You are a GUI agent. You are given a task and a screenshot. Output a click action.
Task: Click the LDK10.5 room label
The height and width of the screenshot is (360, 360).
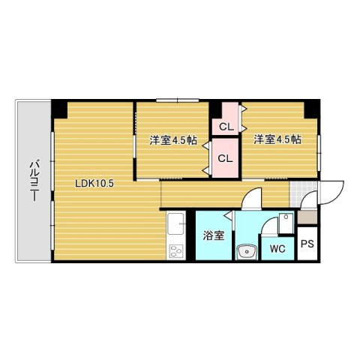point(94,184)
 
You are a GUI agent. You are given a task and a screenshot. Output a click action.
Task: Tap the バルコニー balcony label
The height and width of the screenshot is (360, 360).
point(34,181)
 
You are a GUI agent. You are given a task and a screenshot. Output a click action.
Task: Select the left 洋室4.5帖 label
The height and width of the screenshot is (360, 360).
point(173,140)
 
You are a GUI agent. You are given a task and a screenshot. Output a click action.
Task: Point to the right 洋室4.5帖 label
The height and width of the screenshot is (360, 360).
point(277,139)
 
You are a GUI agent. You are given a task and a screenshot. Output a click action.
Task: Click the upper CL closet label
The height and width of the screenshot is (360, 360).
point(226,127)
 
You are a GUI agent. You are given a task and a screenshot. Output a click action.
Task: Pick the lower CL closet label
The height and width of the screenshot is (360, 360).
point(225,158)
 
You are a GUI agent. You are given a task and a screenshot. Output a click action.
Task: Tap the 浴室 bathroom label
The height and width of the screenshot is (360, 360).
point(214,235)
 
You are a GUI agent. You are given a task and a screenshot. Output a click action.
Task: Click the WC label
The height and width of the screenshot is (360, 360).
point(277,249)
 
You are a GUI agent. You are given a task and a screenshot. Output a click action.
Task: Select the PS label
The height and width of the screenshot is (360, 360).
point(307,244)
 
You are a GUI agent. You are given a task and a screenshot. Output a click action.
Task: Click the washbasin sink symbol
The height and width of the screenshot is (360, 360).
point(247,251)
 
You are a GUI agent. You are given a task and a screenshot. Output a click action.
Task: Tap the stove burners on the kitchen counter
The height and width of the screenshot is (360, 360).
point(176,250)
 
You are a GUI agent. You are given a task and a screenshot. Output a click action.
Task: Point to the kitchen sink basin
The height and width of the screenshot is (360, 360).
point(176,223)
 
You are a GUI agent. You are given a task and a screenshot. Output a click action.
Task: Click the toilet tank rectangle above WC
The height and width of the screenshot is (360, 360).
point(286,223)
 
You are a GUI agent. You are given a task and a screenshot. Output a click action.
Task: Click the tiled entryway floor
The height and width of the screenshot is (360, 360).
point(303,194)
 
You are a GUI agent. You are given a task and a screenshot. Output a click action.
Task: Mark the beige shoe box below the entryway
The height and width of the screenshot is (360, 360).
point(307,217)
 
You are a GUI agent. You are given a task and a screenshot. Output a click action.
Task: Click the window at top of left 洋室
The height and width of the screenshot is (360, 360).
point(178,100)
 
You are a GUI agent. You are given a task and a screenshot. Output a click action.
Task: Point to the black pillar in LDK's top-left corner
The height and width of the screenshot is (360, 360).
point(59,109)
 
